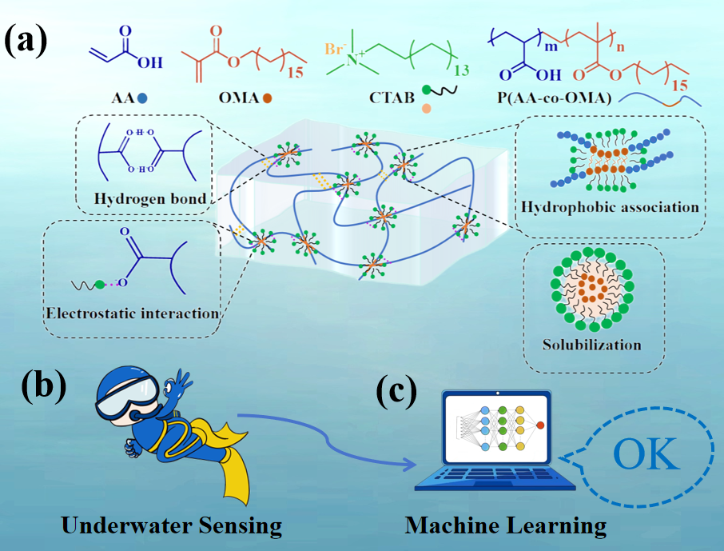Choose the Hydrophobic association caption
point(610,207)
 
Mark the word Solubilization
point(591,345)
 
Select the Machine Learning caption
point(505,525)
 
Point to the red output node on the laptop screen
point(541,425)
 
